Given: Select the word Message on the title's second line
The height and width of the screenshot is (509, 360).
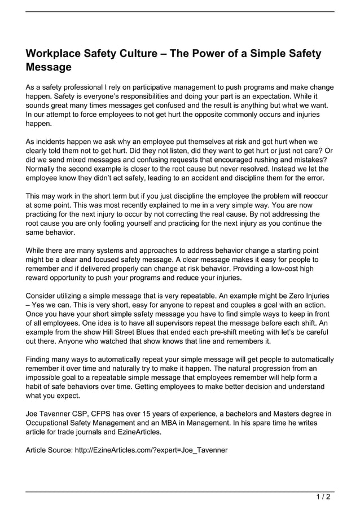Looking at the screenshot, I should tap(49, 67).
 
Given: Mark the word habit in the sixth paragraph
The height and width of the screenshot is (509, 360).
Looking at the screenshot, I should tap(35, 387).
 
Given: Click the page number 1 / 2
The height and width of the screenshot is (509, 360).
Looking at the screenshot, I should tap(324, 498).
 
